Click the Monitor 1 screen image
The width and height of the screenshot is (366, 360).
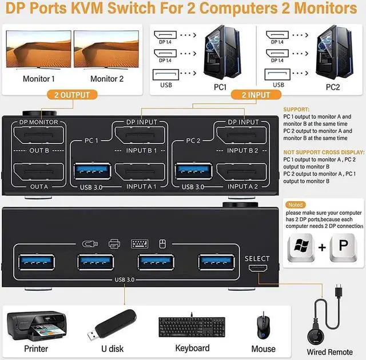(x=39, y=50)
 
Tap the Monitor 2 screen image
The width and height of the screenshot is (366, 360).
(x=106, y=50)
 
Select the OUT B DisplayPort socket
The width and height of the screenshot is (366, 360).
(x=38, y=137)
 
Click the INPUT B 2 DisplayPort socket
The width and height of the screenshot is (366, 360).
(x=241, y=137)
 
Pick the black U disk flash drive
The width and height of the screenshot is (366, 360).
(x=112, y=325)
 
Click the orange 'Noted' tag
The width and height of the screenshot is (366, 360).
(x=296, y=205)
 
